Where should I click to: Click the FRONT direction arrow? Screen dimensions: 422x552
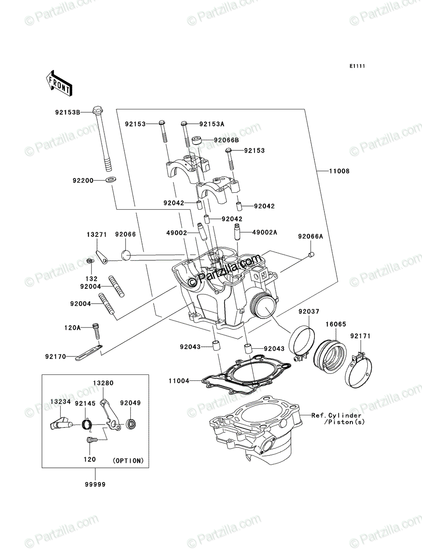59,83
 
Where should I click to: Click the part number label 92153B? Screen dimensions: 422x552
68,112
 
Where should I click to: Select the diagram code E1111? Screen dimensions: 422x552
357,66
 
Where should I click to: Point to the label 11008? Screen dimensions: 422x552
340,171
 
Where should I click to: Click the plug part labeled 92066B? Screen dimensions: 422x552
197,141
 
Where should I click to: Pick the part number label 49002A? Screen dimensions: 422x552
265,232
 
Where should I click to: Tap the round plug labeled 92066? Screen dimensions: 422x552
126,254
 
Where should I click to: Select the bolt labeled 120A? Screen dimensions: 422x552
97,331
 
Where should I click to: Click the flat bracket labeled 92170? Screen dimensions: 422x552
89,353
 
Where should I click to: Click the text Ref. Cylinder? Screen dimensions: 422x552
336,415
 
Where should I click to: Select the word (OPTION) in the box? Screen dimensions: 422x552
128,461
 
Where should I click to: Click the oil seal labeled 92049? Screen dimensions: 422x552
131,425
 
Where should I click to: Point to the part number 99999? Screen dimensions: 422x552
95,484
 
